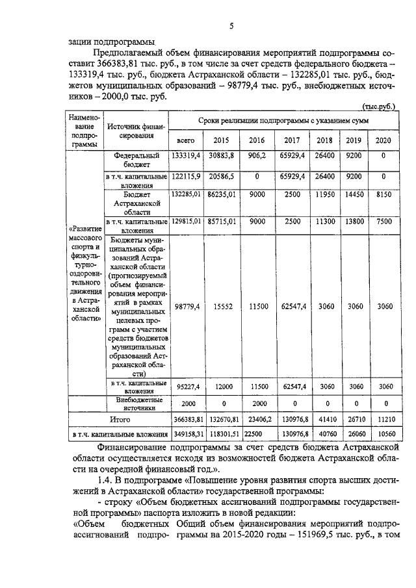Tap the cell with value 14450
(354, 194)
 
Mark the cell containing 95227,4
(186, 387)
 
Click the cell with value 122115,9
(186, 176)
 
